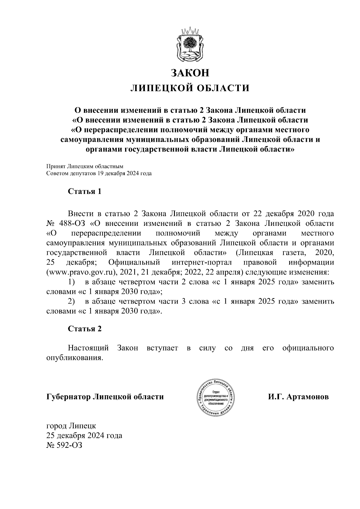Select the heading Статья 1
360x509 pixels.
tap(85, 191)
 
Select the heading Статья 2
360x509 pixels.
tap(85, 329)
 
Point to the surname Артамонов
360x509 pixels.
tap(307, 397)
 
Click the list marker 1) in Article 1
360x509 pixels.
tap(71, 282)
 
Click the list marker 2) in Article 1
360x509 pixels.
tap(71, 301)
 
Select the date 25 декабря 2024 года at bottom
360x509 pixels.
tap(84, 436)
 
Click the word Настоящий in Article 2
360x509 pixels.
tap(88, 348)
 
